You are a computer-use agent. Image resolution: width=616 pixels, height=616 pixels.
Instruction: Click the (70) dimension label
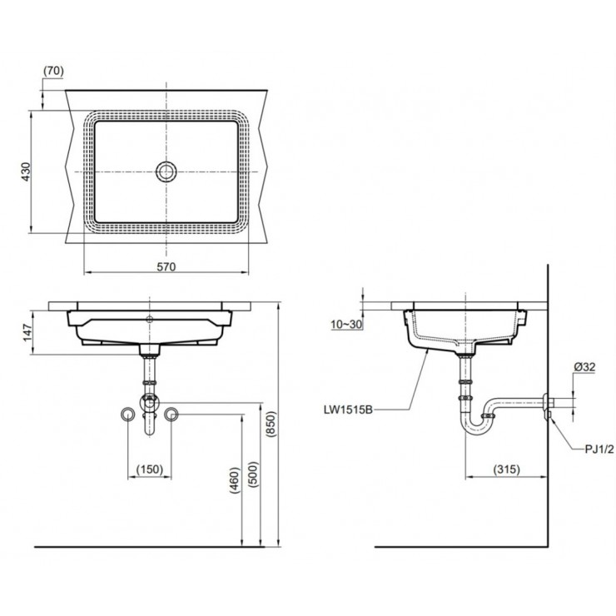coord(52,72)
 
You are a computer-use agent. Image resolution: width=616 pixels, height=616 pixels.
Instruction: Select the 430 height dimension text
coord(25,171)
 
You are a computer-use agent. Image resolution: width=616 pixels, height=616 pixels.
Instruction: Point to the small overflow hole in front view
coord(150,319)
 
